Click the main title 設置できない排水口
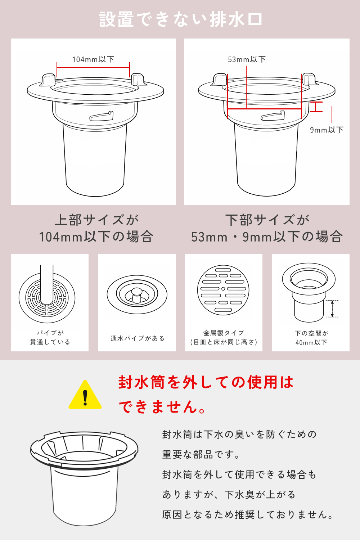tap(180, 19)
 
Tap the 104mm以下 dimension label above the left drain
tap(93, 59)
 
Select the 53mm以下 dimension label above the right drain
tap(247, 59)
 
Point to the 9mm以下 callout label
tap(327, 130)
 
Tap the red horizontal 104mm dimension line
tap(93, 67)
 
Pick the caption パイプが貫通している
tap(50, 337)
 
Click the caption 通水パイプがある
tap(137, 338)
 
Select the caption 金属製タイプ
tap(224, 333)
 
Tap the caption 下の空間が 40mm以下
tap(311, 338)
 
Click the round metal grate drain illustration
tap(223, 290)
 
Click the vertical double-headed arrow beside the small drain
tap(332, 309)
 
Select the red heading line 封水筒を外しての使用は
tap(206, 383)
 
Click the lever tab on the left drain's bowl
tap(102, 116)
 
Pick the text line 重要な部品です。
tap(201, 455)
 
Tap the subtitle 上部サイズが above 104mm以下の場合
tap(97, 220)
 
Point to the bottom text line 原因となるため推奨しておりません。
tap(248, 515)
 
